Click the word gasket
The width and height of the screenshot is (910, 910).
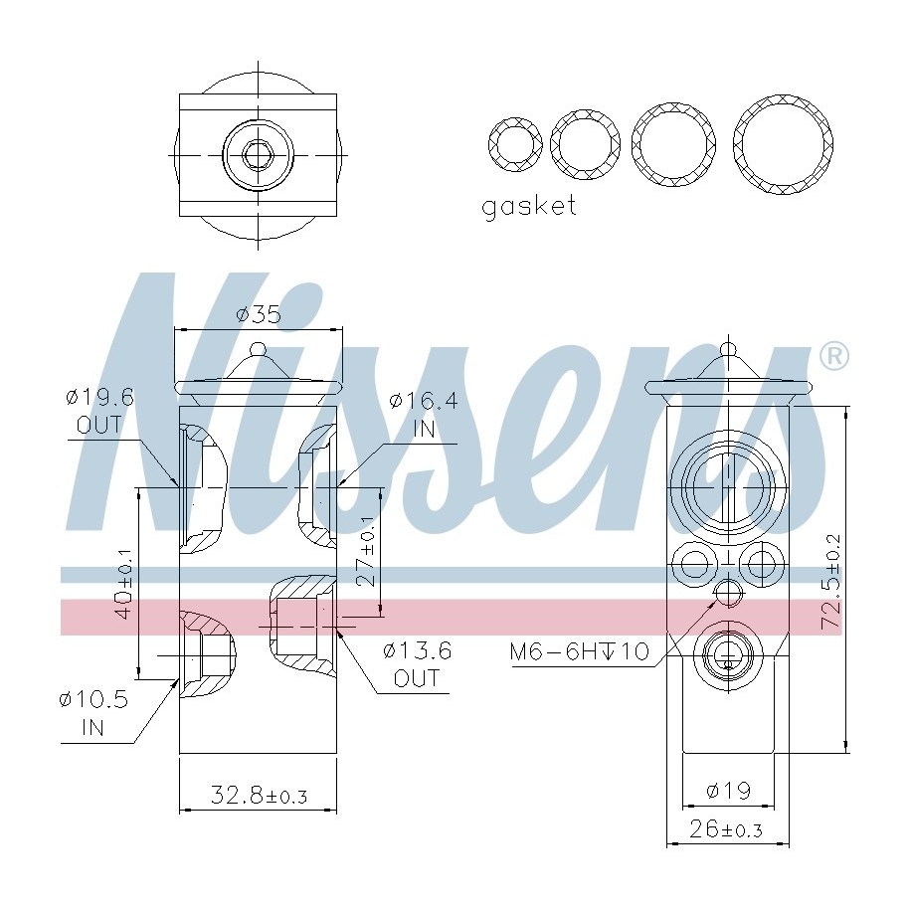click(528, 207)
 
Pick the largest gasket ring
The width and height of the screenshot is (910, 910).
click(783, 144)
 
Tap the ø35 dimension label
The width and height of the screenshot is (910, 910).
click(258, 315)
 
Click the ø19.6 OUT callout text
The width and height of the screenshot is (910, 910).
click(98, 411)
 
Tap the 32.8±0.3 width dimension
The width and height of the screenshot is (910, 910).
click(259, 795)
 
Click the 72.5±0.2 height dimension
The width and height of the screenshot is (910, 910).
click(831, 581)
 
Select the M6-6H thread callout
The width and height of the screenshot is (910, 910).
click(579, 652)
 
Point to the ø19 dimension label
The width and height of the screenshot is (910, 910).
click(728, 791)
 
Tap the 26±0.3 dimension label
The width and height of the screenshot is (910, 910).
click(728, 828)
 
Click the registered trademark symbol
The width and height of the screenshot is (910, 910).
click(832, 356)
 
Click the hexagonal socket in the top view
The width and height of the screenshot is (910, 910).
click(259, 155)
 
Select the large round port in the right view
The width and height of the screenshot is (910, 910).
click(725, 488)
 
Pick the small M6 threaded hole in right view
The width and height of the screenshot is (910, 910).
click(727, 594)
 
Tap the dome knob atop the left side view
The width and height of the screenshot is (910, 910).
click(259, 350)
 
